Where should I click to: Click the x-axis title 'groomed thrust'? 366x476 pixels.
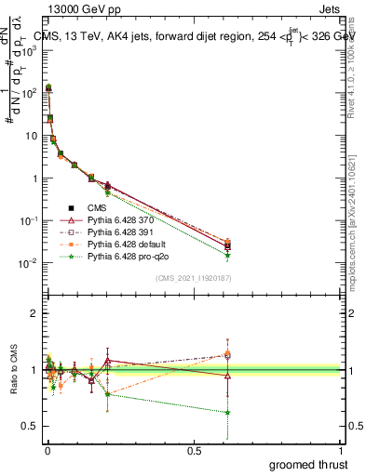pos(307,465)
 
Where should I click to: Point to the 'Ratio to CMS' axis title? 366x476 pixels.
pos(12,370)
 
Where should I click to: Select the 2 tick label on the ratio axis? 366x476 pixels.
pos(34,314)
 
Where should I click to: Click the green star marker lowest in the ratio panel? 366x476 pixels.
pos(227,412)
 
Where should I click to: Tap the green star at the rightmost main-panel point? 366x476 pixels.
pos(227,256)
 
